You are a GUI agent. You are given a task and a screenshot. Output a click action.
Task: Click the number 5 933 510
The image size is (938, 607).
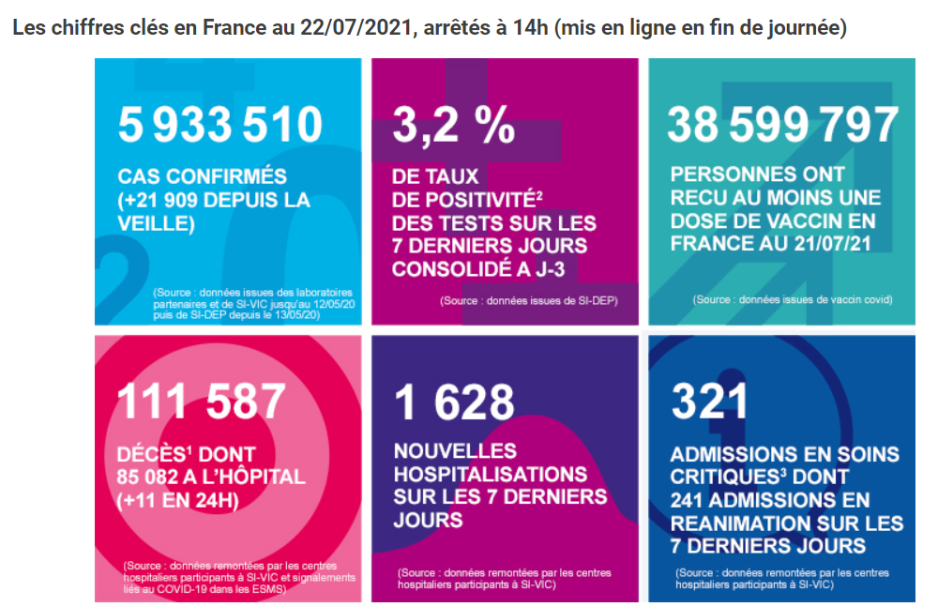pyautogui.click(x=219, y=125)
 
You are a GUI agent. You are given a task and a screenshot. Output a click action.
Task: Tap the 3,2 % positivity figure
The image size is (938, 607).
pyautogui.click(x=454, y=125)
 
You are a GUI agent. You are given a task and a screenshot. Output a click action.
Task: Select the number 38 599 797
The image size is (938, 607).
pyautogui.click(x=782, y=125)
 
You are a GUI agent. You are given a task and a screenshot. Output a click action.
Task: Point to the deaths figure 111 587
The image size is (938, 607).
pyautogui.click(x=201, y=401)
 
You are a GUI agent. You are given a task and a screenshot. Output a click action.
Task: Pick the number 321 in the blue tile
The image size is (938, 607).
pyautogui.click(x=709, y=402)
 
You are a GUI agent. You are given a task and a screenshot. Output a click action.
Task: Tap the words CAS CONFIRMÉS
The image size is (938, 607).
pyautogui.click(x=202, y=176)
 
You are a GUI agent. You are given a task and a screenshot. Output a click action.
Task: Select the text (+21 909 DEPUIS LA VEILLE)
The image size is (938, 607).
pyautogui.click(x=213, y=211)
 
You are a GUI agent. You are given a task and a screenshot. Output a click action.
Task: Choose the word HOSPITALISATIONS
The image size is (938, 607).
pyautogui.click(x=490, y=474)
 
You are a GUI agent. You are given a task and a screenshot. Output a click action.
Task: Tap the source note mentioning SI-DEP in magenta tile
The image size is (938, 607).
pyautogui.click(x=529, y=300)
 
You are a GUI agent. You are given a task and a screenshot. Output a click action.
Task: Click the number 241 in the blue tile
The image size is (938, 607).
pyautogui.click(x=691, y=500)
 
